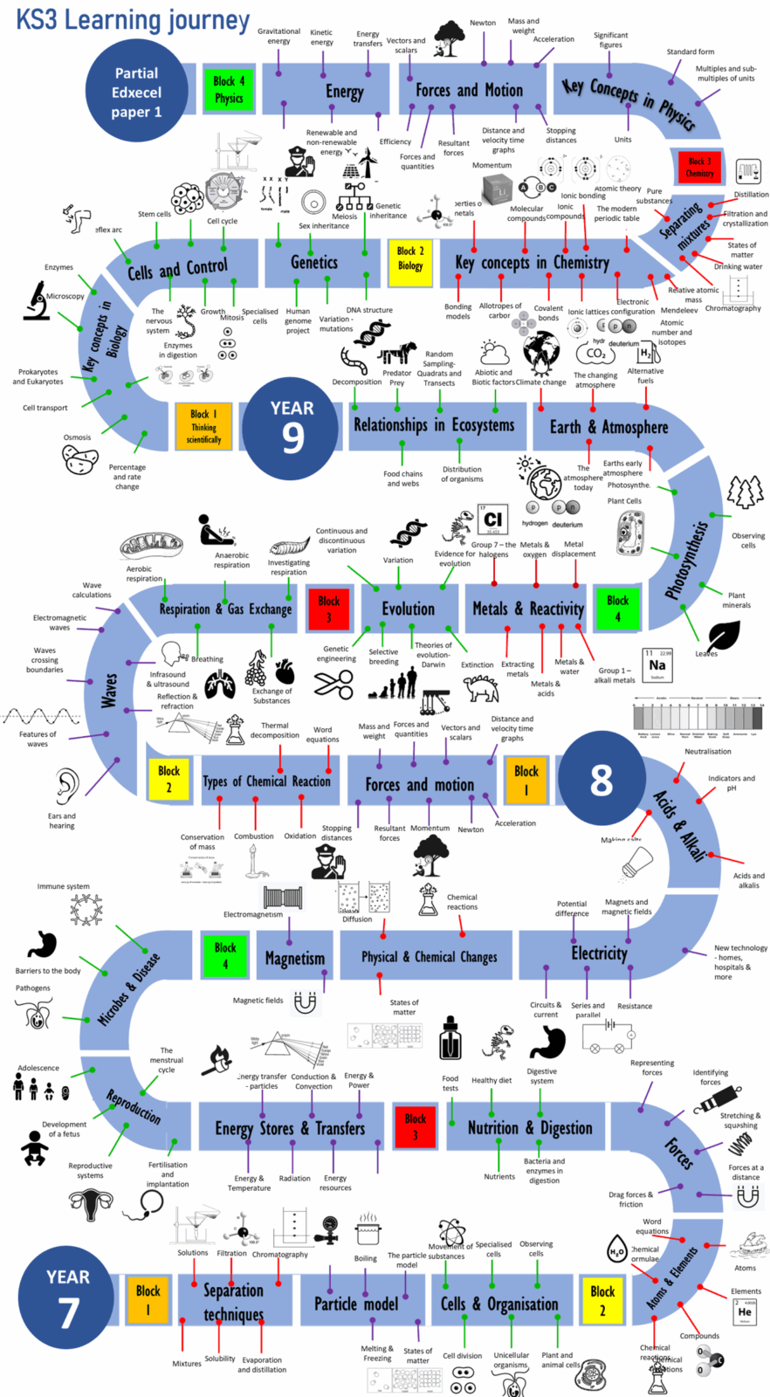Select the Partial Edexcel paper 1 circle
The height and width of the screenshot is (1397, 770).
click(136, 92)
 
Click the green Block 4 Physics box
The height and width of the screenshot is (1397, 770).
click(228, 89)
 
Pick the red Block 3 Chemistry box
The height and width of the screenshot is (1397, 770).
click(698, 167)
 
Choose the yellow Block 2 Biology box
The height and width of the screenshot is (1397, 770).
click(409, 258)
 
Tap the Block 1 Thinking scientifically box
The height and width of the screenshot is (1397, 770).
click(203, 425)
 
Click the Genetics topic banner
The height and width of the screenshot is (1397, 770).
click(313, 262)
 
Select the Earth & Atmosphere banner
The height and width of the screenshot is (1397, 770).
click(608, 427)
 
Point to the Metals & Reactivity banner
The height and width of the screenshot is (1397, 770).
click(527, 608)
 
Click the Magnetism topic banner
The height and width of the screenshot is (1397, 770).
click(294, 958)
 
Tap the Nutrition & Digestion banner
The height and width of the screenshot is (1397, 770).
click(529, 1128)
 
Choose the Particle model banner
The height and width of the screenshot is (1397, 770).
click(355, 1304)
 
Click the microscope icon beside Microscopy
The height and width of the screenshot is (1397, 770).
click(38, 300)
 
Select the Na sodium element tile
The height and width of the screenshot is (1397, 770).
click(657, 664)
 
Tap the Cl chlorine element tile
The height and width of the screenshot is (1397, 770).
click(492, 520)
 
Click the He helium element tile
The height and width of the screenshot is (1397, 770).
click(745, 1311)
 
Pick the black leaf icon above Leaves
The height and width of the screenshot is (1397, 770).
click(724, 635)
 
